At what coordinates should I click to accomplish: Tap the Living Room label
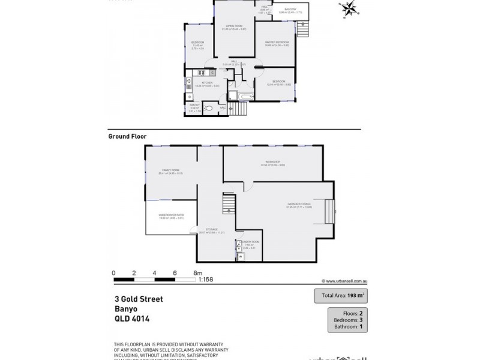point(233,26)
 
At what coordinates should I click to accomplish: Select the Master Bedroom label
point(278,42)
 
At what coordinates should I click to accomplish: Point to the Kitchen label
point(207,83)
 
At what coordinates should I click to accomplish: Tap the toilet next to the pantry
point(208,109)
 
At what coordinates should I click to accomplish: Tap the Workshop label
point(268,162)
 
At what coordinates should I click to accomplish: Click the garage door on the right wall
point(329,211)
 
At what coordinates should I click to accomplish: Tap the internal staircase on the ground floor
point(229,205)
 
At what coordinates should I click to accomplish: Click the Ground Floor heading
point(127,136)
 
